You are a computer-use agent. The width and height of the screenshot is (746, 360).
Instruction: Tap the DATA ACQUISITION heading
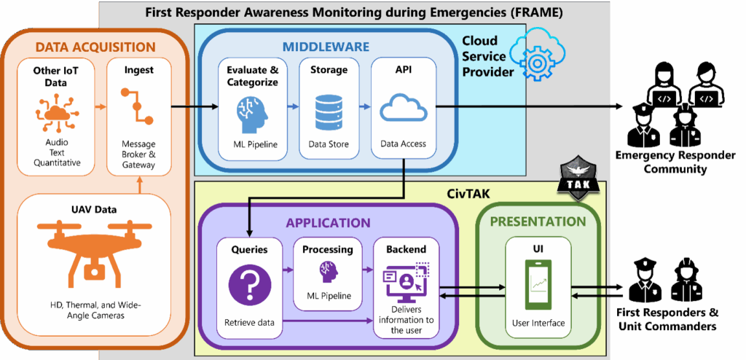point(95,47)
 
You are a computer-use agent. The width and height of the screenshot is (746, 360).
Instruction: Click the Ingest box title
point(138,71)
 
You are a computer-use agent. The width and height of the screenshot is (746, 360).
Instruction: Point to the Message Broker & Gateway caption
point(138,154)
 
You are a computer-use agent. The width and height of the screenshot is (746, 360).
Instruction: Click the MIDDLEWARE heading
point(326,47)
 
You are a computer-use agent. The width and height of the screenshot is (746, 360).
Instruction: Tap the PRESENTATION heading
point(537,222)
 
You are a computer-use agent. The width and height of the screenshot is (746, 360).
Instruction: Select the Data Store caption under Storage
point(328,144)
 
